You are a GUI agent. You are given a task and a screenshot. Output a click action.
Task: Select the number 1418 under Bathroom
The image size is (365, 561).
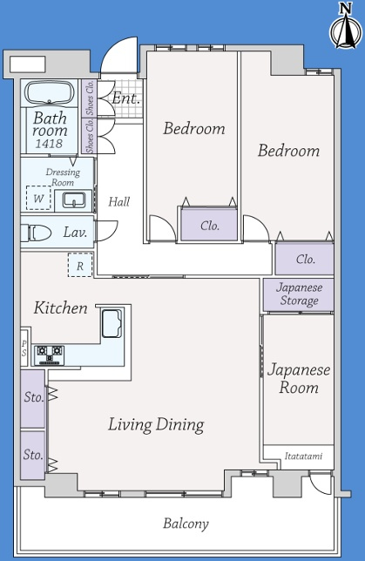[49, 144]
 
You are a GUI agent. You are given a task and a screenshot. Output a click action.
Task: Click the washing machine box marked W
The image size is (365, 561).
[38, 199]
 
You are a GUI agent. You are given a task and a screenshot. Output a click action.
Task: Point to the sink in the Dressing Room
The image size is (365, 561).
[74, 199]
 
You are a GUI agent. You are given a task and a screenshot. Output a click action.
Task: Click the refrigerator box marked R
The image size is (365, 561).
[80, 265]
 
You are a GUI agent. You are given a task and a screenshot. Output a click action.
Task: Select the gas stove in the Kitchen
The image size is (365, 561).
[50, 355]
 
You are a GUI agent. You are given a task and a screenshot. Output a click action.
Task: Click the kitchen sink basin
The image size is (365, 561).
[112, 323]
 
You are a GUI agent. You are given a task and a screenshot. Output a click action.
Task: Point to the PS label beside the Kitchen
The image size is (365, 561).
[24, 348]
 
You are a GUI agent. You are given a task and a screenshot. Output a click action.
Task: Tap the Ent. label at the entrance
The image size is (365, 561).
[125, 98]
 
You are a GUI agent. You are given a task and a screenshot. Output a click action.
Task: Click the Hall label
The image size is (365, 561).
[119, 202]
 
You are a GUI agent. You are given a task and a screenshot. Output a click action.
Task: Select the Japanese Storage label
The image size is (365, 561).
[299, 294]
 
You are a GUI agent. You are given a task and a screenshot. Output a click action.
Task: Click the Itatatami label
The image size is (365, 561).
[303, 456]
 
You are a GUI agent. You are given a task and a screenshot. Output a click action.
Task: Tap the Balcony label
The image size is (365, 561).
[186, 524]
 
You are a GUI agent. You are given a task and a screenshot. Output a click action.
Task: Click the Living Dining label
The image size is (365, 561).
[157, 425]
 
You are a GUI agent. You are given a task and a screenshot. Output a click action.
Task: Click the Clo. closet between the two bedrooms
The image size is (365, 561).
[209, 225]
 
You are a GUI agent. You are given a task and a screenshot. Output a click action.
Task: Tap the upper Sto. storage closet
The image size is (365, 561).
[32, 399]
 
